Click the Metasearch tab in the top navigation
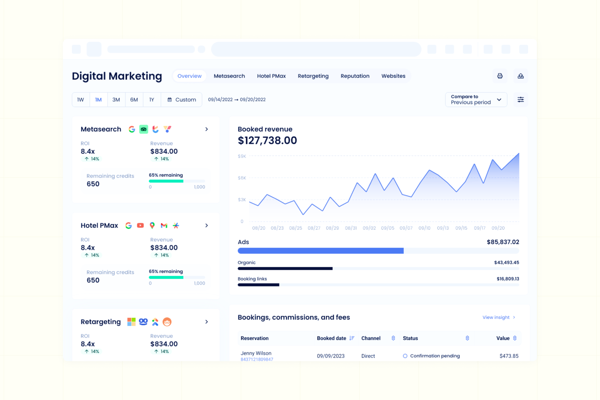pos(229,76)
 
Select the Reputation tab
pos(355,76)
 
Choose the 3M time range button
pos(116,100)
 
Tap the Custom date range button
pos(182,100)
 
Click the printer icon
pos(500,76)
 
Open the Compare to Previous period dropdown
pos(476,100)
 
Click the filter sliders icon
pos(521,100)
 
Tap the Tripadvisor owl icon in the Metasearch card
pos(144,129)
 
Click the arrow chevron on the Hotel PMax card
pos(207,225)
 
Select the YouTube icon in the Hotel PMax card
pos(140,225)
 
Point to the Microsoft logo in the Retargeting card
pos(131,322)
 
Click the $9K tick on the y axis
pos(242,156)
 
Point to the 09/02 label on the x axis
pos(369,228)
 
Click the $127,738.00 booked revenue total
pos(267,141)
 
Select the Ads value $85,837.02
pos(503,242)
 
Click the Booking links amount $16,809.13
pos(508,279)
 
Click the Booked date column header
pos(331,338)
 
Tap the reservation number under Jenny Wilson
pos(257,359)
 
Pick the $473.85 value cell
pos(509,356)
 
